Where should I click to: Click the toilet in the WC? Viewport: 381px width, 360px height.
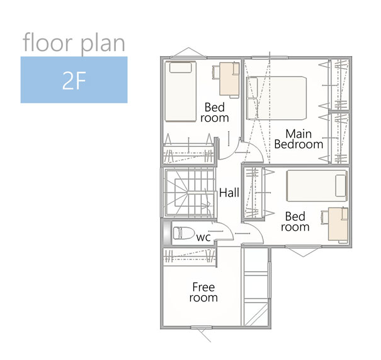[x=183, y=233]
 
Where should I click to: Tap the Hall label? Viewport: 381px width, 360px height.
[x=229, y=193]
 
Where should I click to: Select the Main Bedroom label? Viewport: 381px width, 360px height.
[x=299, y=139]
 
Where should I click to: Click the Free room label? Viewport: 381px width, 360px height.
[x=203, y=293]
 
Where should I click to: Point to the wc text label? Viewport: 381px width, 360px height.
[x=203, y=238]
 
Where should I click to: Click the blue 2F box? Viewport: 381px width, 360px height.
[x=74, y=80]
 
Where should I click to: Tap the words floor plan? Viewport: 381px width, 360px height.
[x=74, y=43]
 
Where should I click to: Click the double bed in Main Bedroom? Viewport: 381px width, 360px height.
[x=276, y=98]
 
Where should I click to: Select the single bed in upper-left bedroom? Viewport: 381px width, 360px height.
[x=181, y=91]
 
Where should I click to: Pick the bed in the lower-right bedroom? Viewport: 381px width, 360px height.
[x=317, y=186]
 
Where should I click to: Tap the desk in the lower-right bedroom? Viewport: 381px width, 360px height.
[x=338, y=224]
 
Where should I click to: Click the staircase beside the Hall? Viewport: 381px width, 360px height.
[x=189, y=193]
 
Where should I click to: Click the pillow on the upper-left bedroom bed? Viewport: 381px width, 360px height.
[x=180, y=67]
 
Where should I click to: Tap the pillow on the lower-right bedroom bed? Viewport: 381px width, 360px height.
[x=341, y=185]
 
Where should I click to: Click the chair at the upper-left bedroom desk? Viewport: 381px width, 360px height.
[x=216, y=73]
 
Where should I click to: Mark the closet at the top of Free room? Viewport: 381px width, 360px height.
[x=190, y=257]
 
